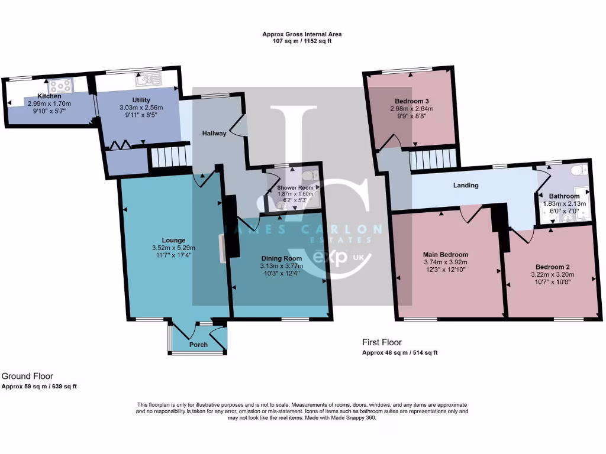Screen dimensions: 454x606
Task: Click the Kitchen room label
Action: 49,96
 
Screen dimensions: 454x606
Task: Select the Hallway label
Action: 214,134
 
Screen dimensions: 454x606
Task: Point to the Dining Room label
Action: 282,258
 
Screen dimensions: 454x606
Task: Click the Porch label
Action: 198,345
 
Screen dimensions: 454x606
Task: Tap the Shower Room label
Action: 294,188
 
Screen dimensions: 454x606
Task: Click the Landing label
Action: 466,185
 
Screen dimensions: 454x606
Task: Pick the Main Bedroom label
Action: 446,255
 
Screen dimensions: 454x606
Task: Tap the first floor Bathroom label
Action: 564,196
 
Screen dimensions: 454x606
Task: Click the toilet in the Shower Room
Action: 308,176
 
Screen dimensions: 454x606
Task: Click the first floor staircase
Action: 434,159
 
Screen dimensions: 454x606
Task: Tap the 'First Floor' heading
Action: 382,342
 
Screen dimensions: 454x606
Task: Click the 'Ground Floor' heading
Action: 27,376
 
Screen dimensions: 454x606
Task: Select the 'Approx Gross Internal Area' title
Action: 302,34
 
